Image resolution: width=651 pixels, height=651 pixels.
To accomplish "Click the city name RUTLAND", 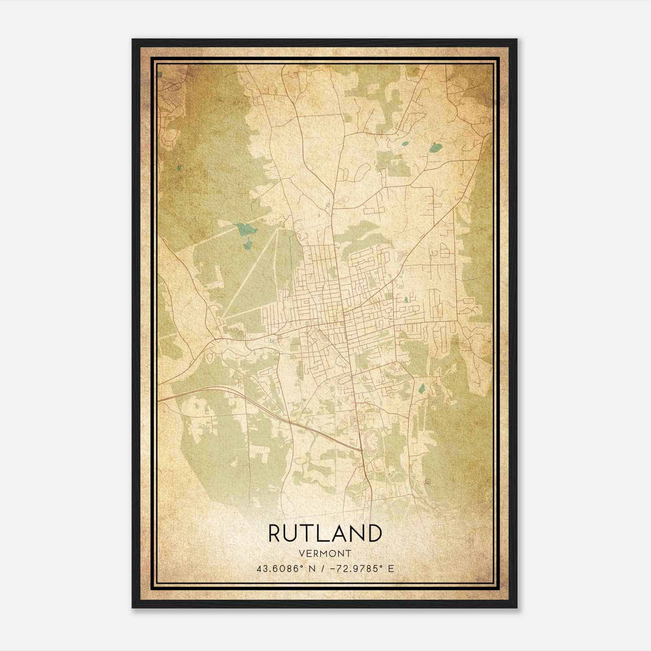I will point(325,533).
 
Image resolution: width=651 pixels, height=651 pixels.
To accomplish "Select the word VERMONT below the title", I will point(325,553).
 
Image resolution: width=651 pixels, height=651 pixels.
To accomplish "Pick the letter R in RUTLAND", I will point(275,533).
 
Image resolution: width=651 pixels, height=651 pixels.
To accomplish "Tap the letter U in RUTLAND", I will point(292,533).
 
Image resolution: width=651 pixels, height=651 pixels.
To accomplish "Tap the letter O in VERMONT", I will point(333,553).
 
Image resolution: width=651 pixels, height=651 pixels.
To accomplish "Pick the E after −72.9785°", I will point(391,569).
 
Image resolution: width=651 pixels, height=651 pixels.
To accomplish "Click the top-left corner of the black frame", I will point(133,39).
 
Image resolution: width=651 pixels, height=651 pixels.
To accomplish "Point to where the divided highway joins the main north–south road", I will point(361,450).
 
